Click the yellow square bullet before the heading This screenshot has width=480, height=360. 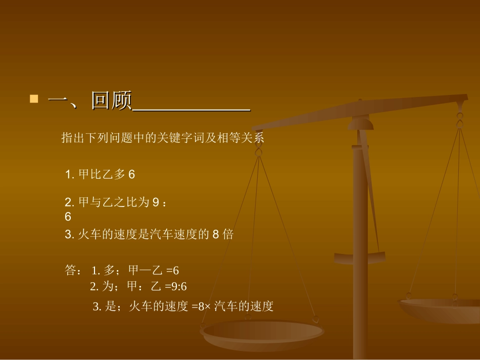point(34,98)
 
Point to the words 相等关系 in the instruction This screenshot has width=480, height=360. point(245,138)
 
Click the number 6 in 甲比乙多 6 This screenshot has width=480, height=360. point(131,175)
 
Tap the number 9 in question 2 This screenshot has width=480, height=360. point(156,202)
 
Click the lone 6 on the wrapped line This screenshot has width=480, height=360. point(68,217)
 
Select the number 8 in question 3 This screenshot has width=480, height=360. point(215,235)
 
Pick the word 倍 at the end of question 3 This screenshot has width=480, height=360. point(228,235)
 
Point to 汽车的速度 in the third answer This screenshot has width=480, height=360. point(244,306)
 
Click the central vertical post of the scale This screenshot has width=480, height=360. point(360,227)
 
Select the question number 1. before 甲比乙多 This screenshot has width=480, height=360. point(70,175)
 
